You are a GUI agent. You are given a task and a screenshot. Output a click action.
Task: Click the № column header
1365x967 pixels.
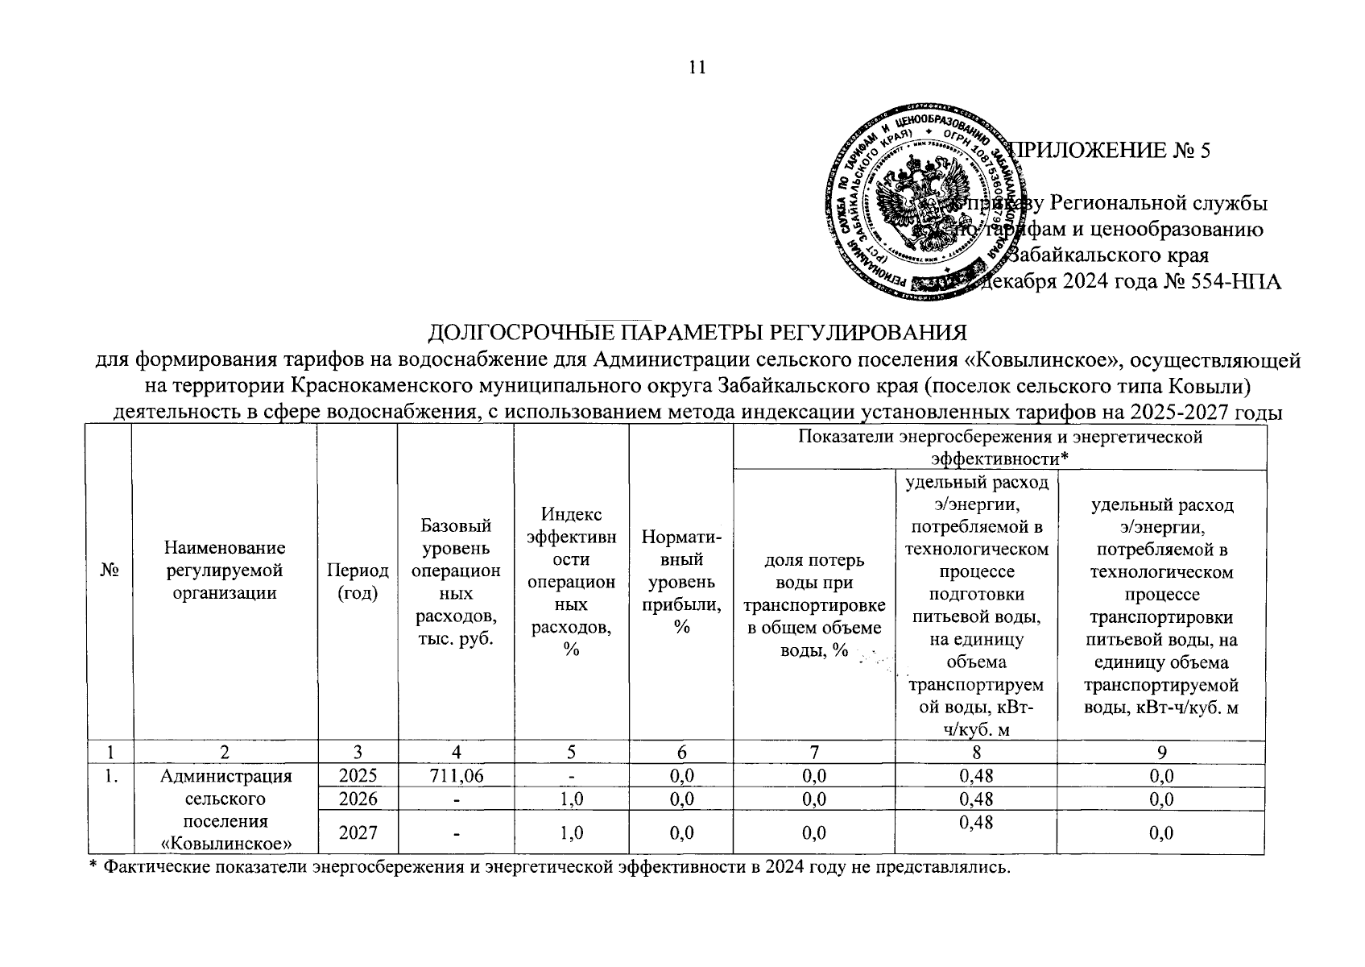[110, 570]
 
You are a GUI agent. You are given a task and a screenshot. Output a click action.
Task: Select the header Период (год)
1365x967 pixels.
[357, 580]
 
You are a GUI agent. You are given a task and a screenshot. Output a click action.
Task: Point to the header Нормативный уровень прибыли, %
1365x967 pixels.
[681, 580]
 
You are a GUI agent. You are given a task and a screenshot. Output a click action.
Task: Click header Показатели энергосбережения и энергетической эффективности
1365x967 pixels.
[999, 447]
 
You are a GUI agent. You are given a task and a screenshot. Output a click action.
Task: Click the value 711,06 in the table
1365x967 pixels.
[456, 775]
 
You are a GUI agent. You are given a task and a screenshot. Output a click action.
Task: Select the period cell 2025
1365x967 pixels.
[358, 775]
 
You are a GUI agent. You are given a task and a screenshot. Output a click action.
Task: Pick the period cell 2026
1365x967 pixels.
[358, 799]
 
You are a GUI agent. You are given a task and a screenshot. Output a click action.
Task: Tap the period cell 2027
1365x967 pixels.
[358, 832]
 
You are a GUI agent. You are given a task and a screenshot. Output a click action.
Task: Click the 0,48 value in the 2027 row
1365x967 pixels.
[976, 822]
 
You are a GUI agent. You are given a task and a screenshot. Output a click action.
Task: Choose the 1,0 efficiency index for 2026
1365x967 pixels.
[571, 799]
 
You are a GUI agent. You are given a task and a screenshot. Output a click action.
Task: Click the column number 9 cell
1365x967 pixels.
[1161, 752]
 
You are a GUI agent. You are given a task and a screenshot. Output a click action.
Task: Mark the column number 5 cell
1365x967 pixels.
[571, 752]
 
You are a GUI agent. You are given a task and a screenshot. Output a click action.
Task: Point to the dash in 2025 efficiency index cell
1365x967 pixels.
[571, 776]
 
